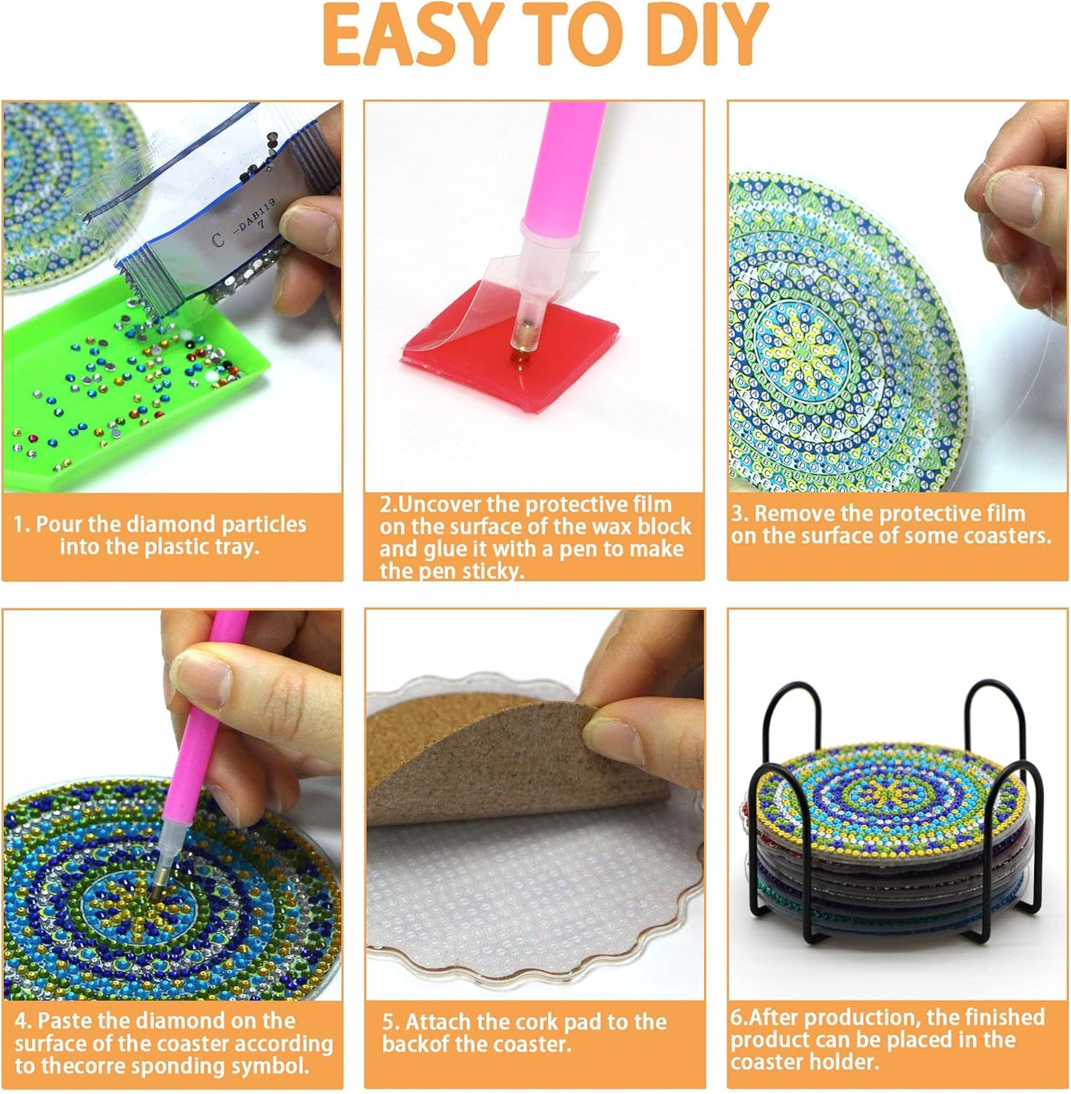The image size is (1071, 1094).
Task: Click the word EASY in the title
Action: [409, 35]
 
